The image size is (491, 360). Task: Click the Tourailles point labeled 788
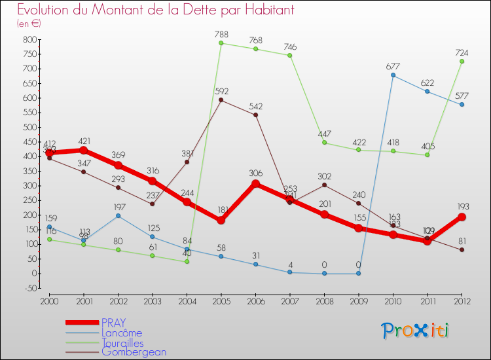tap(221, 43)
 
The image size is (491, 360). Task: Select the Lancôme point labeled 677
tap(393, 75)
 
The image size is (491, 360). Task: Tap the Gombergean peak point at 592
tap(221, 100)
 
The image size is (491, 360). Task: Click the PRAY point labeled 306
tap(255, 184)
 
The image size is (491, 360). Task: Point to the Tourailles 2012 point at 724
tap(462, 62)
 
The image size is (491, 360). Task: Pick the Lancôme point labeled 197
tap(118, 215)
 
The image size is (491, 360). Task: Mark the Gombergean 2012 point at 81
tap(462, 249)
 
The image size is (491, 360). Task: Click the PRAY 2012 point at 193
tap(462, 217)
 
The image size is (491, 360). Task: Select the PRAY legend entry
tap(113, 322)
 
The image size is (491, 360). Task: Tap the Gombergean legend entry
tap(134, 352)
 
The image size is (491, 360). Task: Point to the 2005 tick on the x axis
tap(221, 301)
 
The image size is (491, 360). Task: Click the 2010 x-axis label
tap(393, 301)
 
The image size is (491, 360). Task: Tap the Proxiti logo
tap(416, 331)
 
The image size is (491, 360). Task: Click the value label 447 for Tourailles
tap(324, 134)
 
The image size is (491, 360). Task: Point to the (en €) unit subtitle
tap(29, 24)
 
